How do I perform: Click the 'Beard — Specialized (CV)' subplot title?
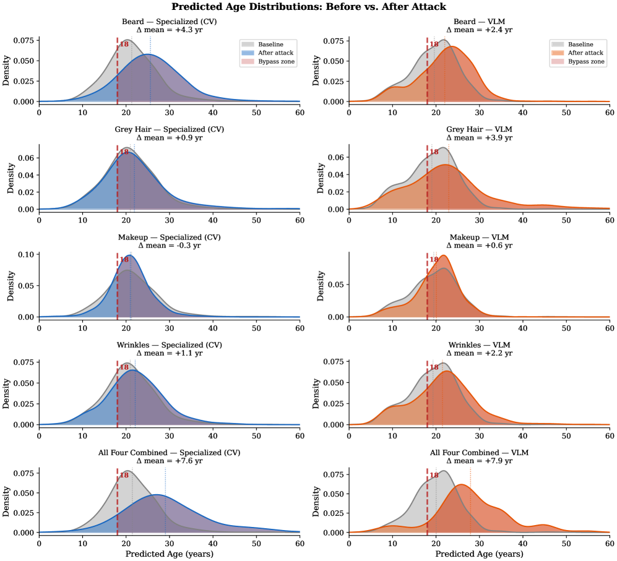(169, 22)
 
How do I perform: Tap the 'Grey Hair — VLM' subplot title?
(479, 129)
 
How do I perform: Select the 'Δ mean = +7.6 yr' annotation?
(169, 461)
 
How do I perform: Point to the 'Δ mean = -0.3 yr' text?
(169, 246)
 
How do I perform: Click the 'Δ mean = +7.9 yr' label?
(479, 461)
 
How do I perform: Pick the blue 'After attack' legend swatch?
(248, 53)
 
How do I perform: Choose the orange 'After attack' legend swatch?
(558, 53)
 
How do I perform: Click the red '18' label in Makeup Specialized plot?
(124, 260)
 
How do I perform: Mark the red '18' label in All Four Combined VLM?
(434, 475)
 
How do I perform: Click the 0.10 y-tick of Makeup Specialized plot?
(25, 255)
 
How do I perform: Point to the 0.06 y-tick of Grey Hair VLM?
(335, 158)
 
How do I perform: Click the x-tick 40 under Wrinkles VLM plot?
(522, 435)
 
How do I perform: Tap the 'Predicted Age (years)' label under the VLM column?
(479, 553)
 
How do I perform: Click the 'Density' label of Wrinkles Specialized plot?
(7, 390)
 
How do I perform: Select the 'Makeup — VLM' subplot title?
(479, 237)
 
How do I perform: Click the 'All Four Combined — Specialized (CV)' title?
(169, 452)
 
